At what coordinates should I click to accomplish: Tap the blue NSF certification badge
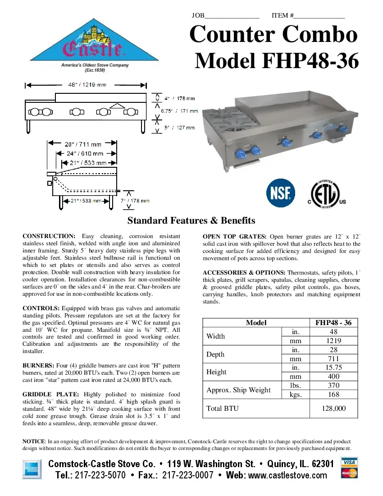click(281, 193)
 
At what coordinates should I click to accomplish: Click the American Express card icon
click(32, 470)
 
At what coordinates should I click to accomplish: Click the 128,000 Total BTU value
click(334, 409)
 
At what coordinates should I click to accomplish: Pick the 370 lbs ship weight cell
click(334, 386)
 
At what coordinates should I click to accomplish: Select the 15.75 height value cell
click(334, 367)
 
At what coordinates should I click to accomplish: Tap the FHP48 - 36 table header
click(334, 323)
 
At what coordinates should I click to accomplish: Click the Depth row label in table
click(215, 354)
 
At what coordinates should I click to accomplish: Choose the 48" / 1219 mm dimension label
click(87, 85)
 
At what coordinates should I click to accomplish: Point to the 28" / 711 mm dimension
click(83, 144)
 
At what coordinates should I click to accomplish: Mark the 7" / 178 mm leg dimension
click(135, 201)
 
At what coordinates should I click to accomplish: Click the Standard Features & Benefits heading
click(191, 220)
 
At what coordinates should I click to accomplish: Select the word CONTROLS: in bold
click(41, 308)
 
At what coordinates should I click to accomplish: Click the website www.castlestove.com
click(287, 475)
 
